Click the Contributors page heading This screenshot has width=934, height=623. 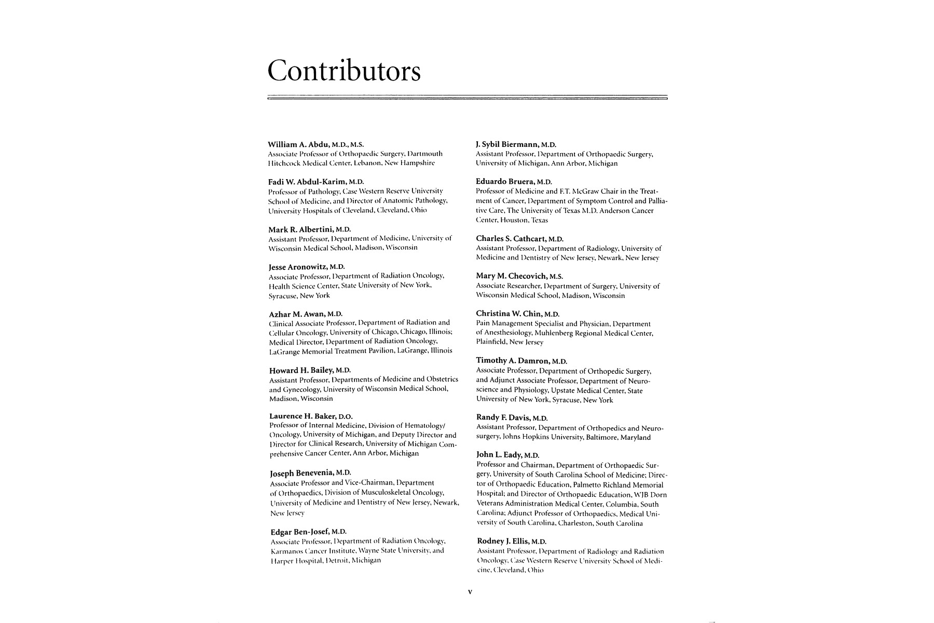point(344,72)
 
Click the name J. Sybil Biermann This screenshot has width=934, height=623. point(508,144)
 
